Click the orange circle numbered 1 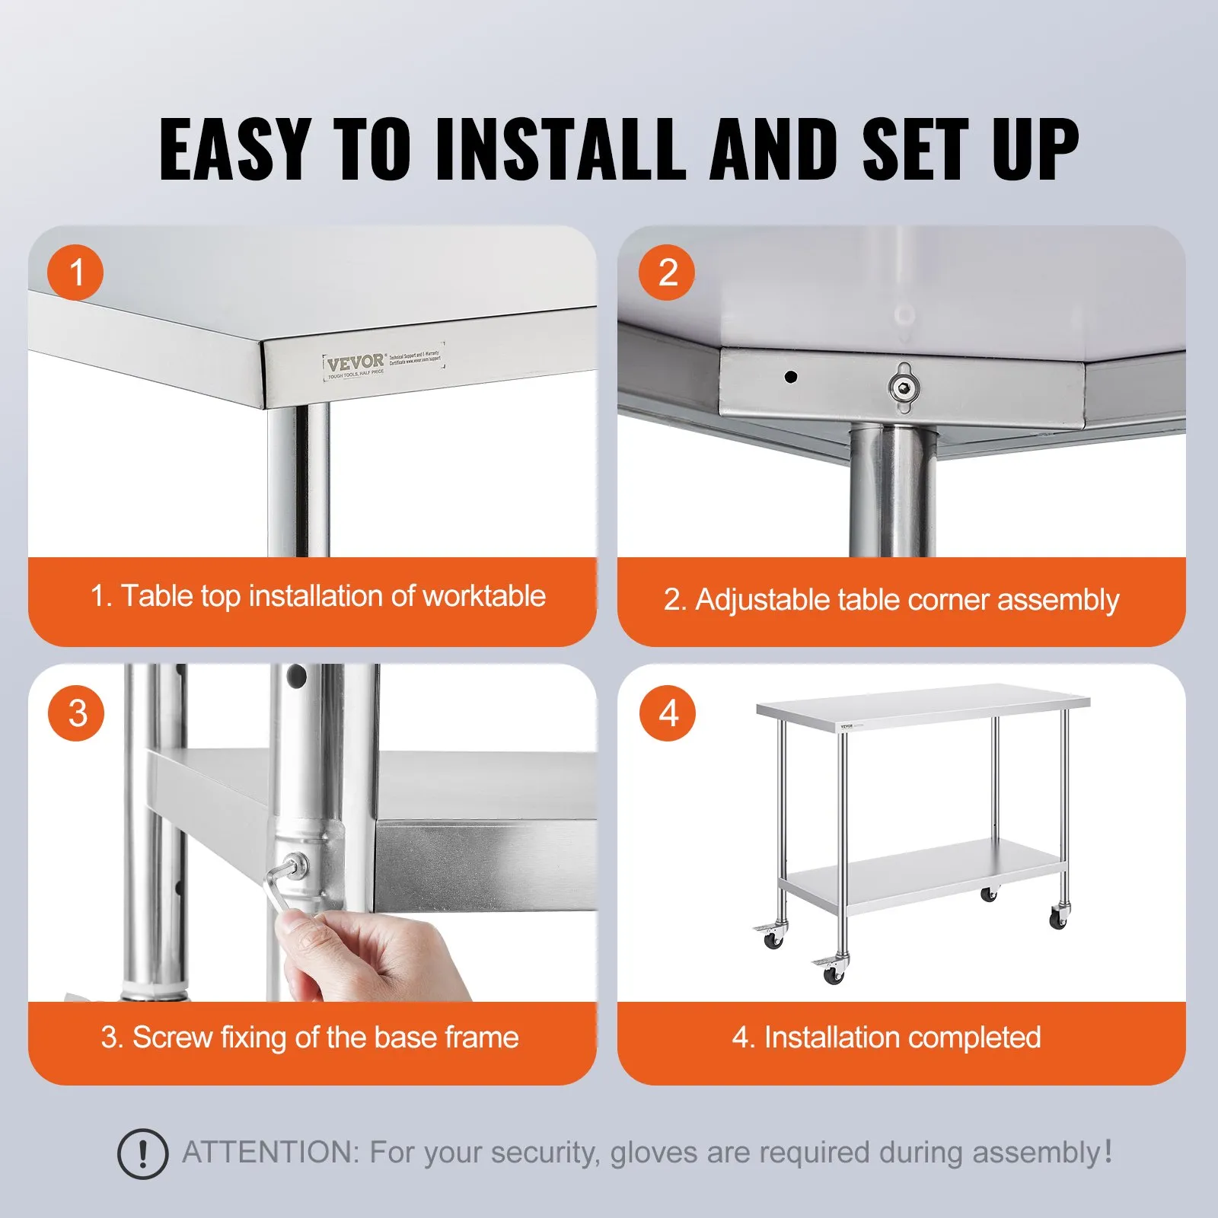(75, 273)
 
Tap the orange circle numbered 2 (667, 273)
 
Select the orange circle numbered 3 (76, 713)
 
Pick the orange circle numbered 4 (668, 713)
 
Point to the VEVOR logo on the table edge (356, 362)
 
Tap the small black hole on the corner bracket (791, 376)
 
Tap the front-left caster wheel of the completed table (833, 974)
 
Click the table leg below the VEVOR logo (298, 480)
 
